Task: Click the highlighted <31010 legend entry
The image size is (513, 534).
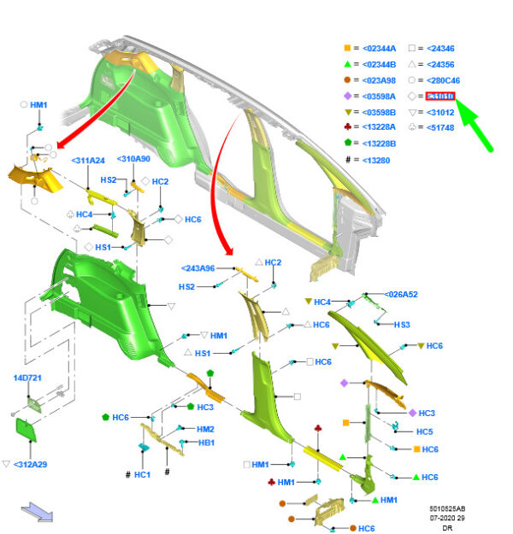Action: (441, 97)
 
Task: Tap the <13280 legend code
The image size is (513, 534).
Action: (376, 160)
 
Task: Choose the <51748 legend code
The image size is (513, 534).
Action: (441, 128)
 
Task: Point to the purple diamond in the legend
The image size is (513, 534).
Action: (346, 97)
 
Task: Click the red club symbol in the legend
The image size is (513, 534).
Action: (346, 128)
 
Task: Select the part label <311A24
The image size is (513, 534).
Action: (88, 160)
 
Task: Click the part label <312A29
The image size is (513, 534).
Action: (30, 464)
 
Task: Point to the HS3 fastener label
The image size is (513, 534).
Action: (402, 325)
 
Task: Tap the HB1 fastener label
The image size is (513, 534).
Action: (206, 443)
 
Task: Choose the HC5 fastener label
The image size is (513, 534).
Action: (424, 431)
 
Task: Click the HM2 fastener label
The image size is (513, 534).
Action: (206, 429)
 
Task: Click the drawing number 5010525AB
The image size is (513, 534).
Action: (447, 509)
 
